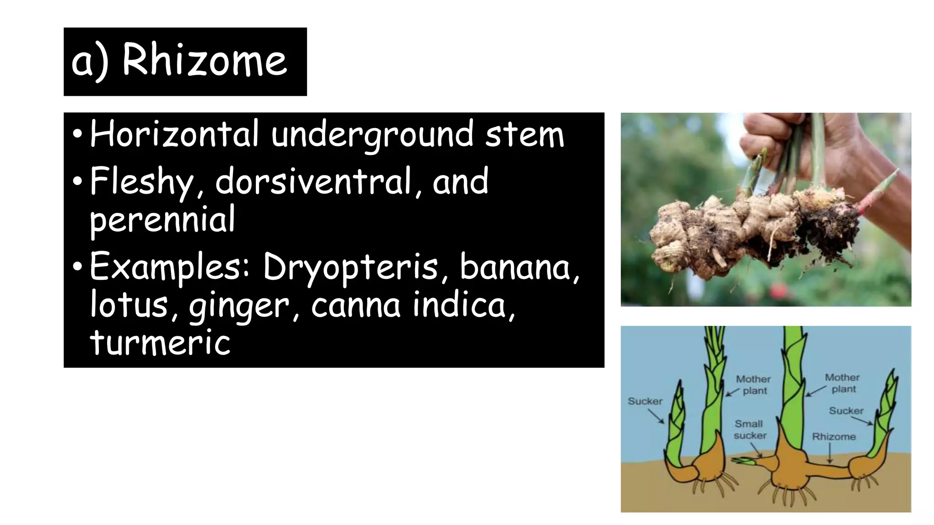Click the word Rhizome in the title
(x=205, y=61)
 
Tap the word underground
(x=372, y=135)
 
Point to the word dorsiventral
(x=313, y=181)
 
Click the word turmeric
(x=160, y=342)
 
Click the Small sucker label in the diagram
(x=749, y=430)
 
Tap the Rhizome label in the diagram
(x=834, y=437)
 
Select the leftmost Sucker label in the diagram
(x=645, y=401)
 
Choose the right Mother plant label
(x=842, y=383)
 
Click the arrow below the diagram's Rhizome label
(x=830, y=453)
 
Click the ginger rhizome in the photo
(x=739, y=228)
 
